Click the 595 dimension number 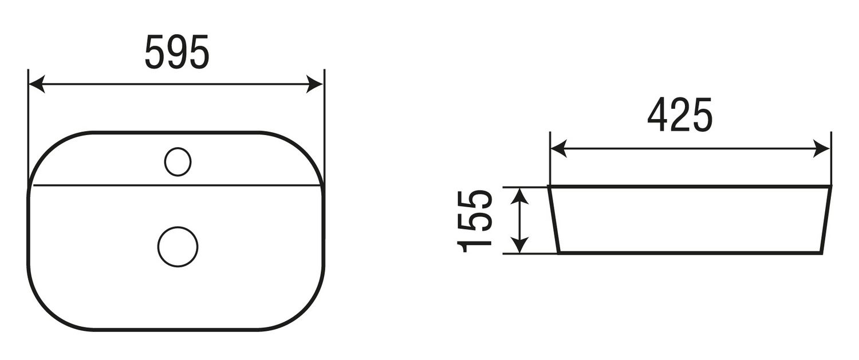coord(177,52)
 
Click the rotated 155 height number coord(475,220)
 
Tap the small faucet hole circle coord(177,161)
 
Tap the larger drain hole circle coord(178,246)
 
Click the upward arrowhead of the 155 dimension coord(519,195)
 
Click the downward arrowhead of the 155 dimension coord(519,246)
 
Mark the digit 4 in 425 coord(658,115)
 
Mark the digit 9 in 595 coord(177,52)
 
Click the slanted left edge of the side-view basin coord(553,220)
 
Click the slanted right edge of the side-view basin coord(827,220)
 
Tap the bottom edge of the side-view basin coord(690,252)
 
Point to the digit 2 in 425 coord(680,115)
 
